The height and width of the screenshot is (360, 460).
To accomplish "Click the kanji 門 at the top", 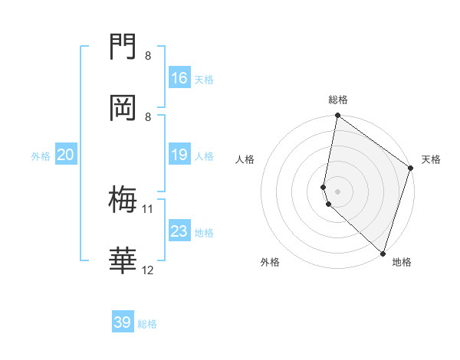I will coord(123,47).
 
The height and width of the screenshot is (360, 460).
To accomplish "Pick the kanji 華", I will coord(123,261).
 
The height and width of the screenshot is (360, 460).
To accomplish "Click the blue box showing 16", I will coord(179,78).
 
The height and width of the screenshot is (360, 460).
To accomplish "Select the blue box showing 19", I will coord(179,155).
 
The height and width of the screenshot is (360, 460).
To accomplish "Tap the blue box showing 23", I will coord(179,231).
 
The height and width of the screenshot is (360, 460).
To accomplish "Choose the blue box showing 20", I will coord(66,155).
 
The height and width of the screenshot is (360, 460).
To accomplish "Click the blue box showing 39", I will coord(123,322).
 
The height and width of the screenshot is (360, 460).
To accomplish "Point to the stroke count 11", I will coord(148,208).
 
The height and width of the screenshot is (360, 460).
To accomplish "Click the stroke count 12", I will coord(148,270).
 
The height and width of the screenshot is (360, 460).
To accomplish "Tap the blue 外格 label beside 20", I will coord(41,156).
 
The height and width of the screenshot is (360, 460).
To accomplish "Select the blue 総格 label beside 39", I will coord(148,324).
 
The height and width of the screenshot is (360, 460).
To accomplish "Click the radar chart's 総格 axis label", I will coord(338,100).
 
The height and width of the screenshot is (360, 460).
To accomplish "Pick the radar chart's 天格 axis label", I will coord(431,160).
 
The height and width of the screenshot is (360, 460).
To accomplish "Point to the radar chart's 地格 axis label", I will coord(402,262).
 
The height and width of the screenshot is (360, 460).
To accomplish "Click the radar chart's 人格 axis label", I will coord(245,160).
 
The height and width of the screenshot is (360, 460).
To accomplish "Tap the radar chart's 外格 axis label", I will coord(270,262).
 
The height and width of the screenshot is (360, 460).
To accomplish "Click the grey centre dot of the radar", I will coord(338,191).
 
